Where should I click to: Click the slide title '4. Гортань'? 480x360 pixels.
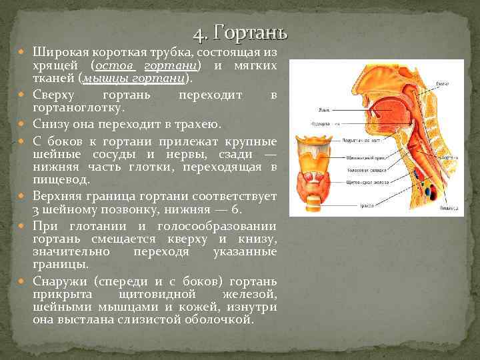[240, 33]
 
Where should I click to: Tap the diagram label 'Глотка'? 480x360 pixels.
[443, 83]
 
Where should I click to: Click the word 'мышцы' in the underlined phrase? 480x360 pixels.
[99, 79]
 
